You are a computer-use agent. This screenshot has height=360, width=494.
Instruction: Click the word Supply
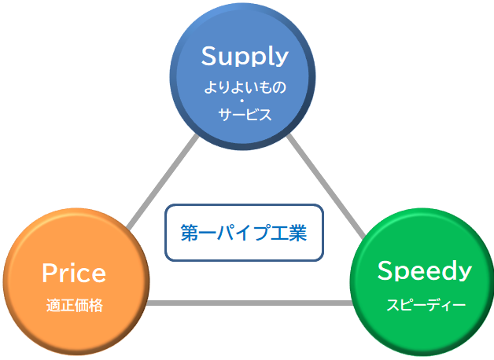pyautogui.click(x=245, y=57)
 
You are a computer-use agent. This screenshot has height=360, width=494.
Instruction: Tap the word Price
pyautogui.click(x=74, y=273)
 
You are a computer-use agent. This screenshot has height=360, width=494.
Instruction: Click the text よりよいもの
pyautogui.click(x=245, y=87)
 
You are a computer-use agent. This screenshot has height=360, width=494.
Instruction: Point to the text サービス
pyautogui.click(x=245, y=114)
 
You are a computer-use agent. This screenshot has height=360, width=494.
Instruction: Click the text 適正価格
pyautogui.click(x=75, y=305)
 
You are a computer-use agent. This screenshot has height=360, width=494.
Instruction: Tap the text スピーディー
pyautogui.click(x=426, y=305)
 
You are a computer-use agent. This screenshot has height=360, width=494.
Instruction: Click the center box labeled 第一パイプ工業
pyautogui.click(x=244, y=233)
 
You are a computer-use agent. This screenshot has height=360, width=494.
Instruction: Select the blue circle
pyautogui.click(x=242, y=76)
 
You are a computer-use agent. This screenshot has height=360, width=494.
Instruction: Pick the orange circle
pyautogui.click(x=76, y=281)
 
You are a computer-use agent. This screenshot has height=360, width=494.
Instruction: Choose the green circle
pyautogui.click(x=422, y=282)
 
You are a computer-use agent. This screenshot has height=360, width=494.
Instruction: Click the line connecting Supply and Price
pyautogui.click(x=163, y=182)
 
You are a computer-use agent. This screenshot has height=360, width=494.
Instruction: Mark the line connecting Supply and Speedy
pyautogui.click(x=326, y=186)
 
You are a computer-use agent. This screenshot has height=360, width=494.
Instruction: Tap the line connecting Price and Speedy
pyautogui.click(x=249, y=303)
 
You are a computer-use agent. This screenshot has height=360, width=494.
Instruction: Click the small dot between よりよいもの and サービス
pyautogui.click(x=242, y=101)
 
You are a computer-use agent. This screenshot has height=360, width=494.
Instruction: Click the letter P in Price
pyautogui.click(x=50, y=273)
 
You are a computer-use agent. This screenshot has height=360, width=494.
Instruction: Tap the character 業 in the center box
pyautogui.click(x=297, y=233)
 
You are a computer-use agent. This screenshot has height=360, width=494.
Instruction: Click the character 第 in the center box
pyautogui.click(x=190, y=233)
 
